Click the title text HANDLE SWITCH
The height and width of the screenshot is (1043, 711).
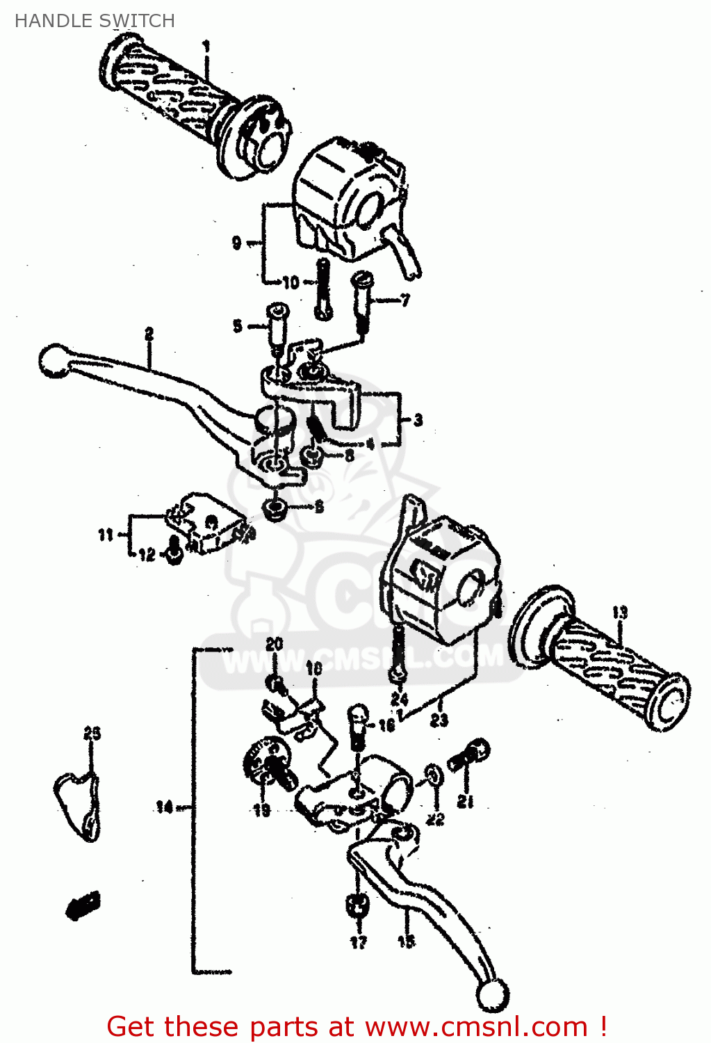click(x=95, y=21)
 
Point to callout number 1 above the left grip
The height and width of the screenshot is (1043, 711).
click(x=206, y=46)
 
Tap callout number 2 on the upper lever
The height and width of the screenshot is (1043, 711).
click(x=149, y=334)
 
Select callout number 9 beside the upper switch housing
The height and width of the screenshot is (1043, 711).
click(x=237, y=243)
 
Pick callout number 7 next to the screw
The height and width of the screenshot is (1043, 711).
click(x=404, y=300)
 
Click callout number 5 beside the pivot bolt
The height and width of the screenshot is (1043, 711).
click(x=238, y=325)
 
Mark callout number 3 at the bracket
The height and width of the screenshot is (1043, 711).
click(x=418, y=420)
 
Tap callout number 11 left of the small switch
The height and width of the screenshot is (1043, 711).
click(x=105, y=535)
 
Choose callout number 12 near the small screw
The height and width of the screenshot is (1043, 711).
click(x=147, y=555)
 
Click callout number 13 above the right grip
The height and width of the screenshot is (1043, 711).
click(x=619, y=613)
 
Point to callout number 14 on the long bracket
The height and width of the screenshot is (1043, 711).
click(x=163, y=807)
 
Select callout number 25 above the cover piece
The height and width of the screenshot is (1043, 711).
click(x=92, y=734)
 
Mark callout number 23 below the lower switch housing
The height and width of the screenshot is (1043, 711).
click(x=439, y=720)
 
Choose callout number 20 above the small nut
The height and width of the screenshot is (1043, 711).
click(x=275, y=645)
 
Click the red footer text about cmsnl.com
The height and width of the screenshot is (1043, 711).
click(x=357, y=1026)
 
